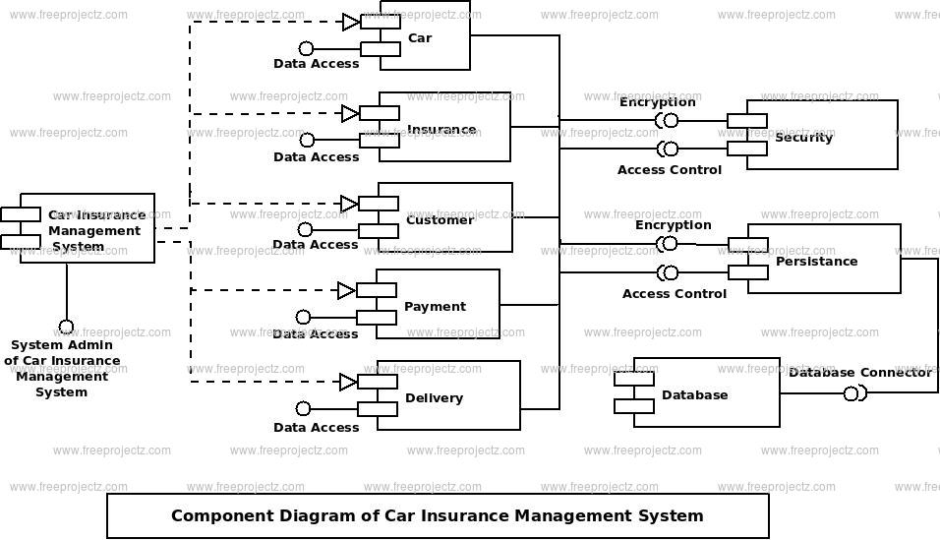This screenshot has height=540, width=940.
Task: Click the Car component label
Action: (x=420, y=38)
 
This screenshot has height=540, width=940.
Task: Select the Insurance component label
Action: (x=441, y=130)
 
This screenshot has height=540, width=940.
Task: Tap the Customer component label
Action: (x=440, y=220)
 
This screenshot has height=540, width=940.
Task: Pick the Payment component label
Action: (x=435, y=307)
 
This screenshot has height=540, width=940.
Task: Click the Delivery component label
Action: (x=434, y=398)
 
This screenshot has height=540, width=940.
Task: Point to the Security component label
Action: (x=803, y=138)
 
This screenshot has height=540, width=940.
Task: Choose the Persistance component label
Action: (x=816, y=262)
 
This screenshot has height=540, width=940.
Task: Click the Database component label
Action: (x=694, y=395)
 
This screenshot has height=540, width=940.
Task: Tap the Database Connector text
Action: (x=859, y=373)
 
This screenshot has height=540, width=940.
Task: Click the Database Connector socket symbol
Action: (x=853, y=393)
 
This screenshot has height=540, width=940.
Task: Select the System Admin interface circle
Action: (x=66, y=327)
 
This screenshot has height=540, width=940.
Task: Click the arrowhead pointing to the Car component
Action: (x=351, y=23)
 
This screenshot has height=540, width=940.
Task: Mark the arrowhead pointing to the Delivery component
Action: (x=348, y=382)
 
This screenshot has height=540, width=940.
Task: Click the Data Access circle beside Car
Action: (x=306, y=48)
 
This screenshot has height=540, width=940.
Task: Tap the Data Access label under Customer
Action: (x=315, y=245)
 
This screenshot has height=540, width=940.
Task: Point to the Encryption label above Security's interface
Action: (x=657, y=102)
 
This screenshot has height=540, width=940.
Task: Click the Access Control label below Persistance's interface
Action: (x=674, y=294)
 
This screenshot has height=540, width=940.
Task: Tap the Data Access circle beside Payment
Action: (x=303, y=317)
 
